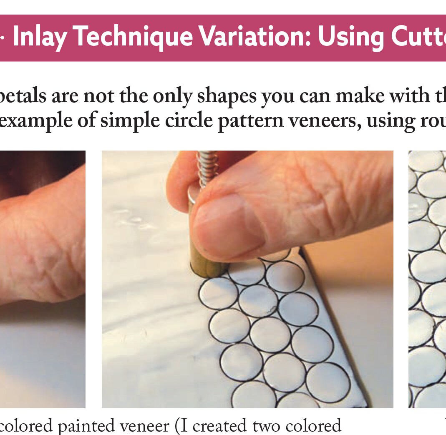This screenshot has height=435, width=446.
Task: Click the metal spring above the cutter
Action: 207,169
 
